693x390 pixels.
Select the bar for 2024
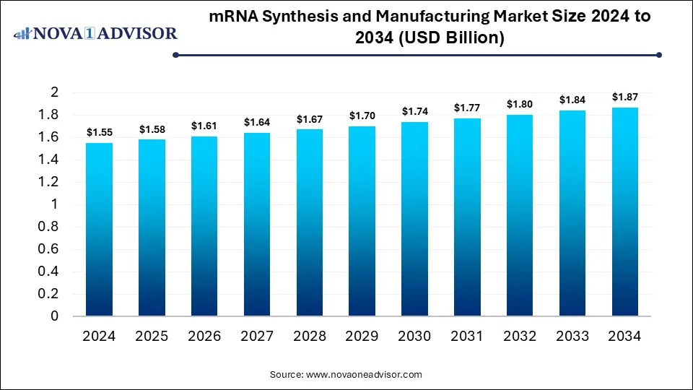pos(100,230)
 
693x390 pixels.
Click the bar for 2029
pos(362,221)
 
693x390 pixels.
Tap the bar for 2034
pos(625,212)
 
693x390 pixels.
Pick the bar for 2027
pos(257,225)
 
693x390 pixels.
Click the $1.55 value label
pos(100,132)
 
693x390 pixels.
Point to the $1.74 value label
pos(415,111)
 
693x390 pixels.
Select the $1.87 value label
pos(625,97)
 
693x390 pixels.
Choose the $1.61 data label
pos(205,126)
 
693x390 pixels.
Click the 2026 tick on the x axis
pos(205,337)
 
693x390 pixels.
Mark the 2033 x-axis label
pos(572,337)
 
